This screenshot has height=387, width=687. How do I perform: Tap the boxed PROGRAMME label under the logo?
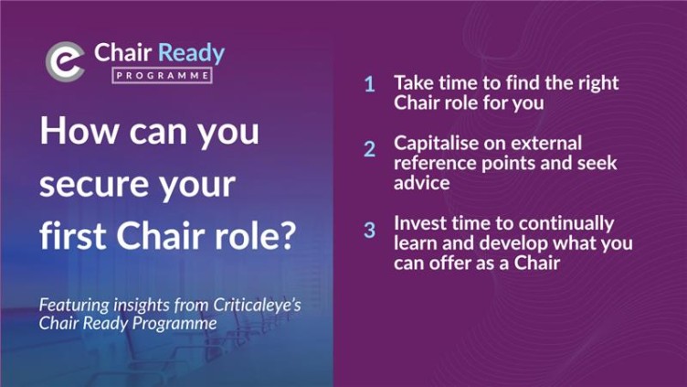(x=163, y=76)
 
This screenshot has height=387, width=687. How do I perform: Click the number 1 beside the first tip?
(x=370, y=84)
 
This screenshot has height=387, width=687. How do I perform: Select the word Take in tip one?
(x=412, y=82)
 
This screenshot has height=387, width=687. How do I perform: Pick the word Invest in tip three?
(x=418, y=223)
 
